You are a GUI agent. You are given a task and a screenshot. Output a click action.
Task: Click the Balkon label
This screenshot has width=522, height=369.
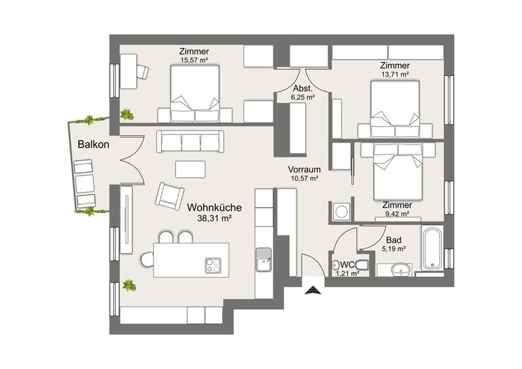click(x=93, y=144)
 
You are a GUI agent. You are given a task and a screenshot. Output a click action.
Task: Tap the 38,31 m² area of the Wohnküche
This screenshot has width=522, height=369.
click(x=210, y=218)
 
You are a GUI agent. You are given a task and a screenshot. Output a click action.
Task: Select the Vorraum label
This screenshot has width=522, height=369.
click(x=303, y=170)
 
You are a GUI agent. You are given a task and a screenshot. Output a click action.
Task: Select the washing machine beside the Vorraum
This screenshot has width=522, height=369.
click(x=340, y=211)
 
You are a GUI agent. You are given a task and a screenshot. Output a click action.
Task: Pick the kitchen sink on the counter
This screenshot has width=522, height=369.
click(x=263, y=258)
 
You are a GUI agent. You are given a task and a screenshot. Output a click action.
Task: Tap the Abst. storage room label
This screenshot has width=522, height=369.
click(x=302, y=89)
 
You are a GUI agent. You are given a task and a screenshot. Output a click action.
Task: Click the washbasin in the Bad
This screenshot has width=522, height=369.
click(x=402, y=269)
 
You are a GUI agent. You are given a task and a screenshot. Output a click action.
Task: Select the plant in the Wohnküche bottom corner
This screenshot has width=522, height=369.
click(x=128, y=287)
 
